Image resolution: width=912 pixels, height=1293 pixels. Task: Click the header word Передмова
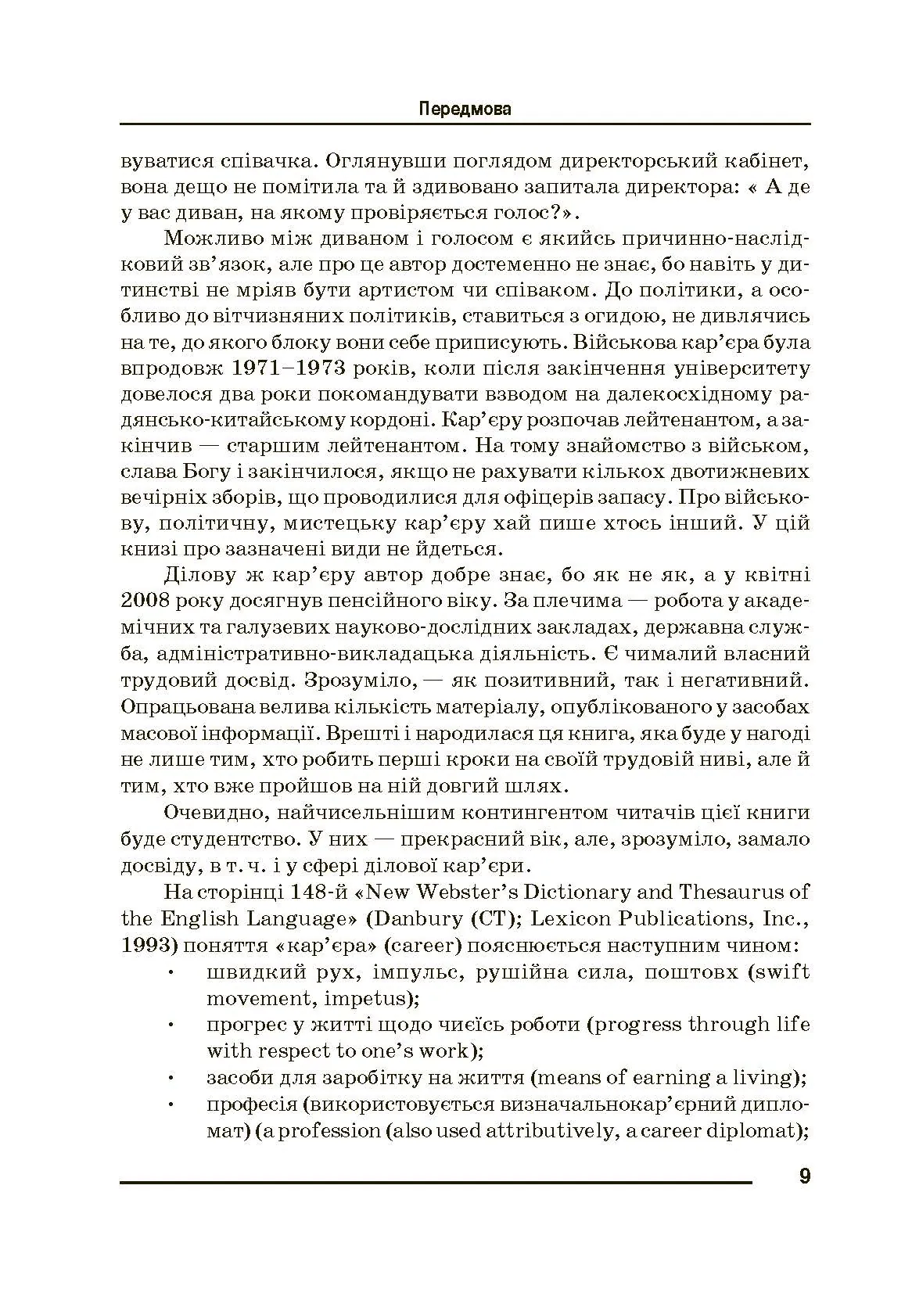(x=465, y=109)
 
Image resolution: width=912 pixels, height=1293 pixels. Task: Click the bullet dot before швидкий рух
(x=171, y=973)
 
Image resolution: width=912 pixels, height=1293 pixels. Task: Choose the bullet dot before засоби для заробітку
(x=171, y=1079)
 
